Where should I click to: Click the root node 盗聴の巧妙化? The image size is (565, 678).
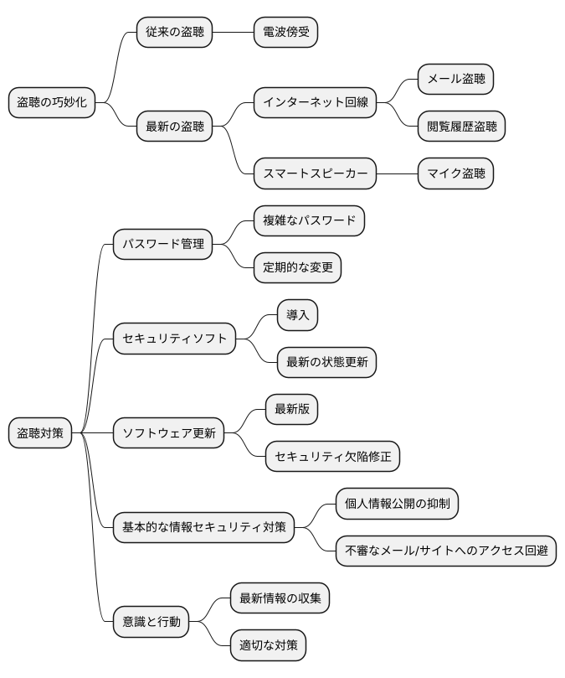51,103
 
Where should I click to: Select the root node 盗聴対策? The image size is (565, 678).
40,433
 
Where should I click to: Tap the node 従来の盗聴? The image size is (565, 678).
174,33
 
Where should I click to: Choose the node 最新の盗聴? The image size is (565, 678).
174,127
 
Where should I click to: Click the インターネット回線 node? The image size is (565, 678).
315,103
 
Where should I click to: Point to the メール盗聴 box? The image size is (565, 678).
455,80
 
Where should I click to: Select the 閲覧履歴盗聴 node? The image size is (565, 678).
461,127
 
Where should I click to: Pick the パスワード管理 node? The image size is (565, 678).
163,245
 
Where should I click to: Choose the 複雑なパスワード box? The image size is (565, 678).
309,221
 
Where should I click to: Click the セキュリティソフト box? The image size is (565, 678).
174,339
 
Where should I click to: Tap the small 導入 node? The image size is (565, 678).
298,315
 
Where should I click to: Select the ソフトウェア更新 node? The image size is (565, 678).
168,433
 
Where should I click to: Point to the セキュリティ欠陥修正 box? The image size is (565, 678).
333,457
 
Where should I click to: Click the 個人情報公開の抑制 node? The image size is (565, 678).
397,504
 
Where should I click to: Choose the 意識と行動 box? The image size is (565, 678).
152,622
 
